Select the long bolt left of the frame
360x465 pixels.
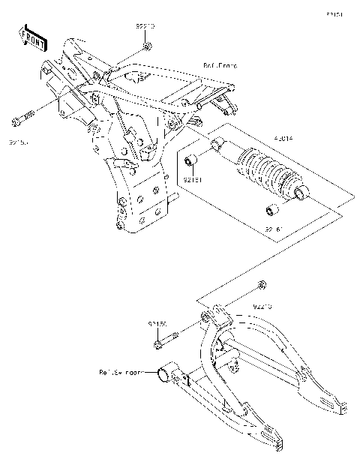click(x=22, y=117)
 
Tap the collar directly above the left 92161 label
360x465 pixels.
click(x=191, y=160)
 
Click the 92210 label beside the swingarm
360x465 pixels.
click(x=262, y=307)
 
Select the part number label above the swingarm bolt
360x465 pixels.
click(x=157, y=324)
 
